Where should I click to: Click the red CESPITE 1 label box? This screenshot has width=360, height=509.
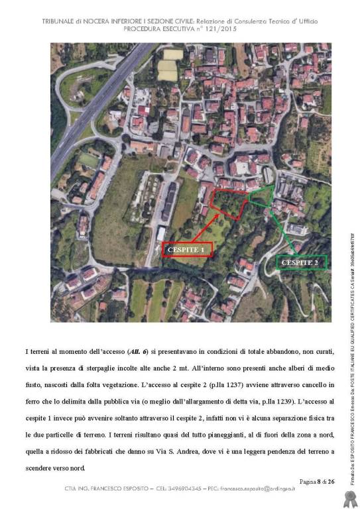coord(187,249)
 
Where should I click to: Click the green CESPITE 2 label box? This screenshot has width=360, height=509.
coord(301,262)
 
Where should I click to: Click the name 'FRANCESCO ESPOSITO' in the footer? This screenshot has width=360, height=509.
coord(122,492)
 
